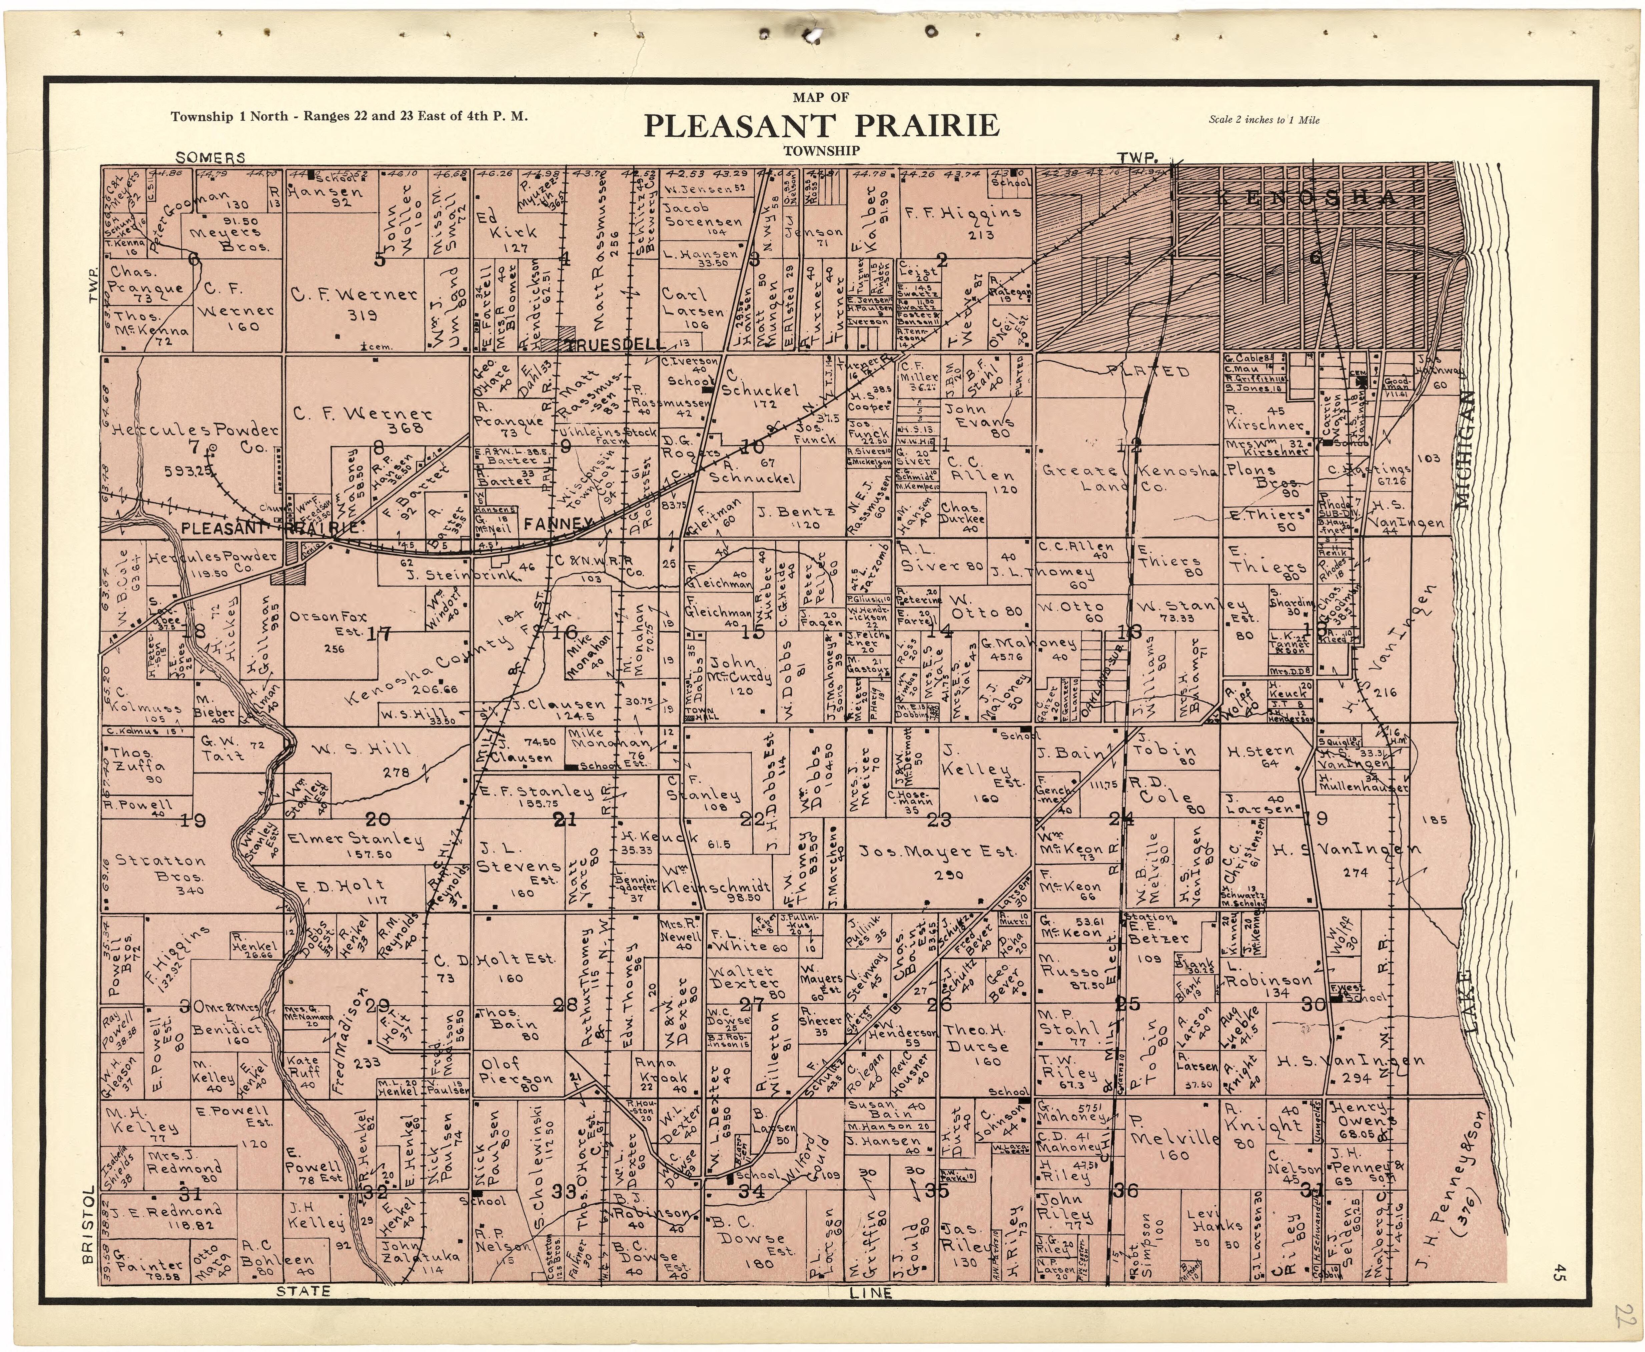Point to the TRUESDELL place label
(615, 344)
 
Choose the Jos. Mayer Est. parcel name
(937, 853)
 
